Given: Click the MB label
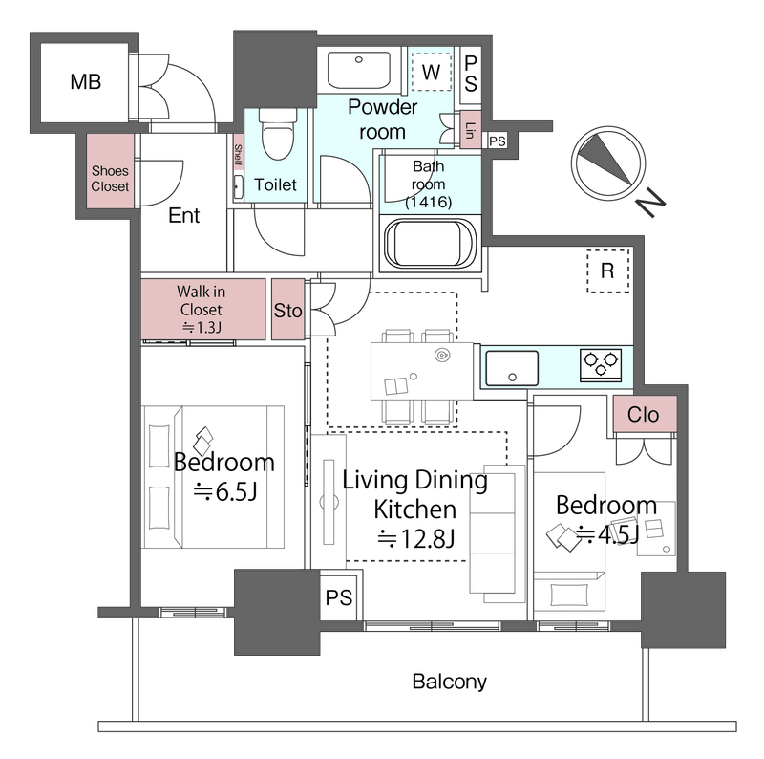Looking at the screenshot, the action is click(x=86, y=81).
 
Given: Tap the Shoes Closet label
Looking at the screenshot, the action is click(x=110, y=179).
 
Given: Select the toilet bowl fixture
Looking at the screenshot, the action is click(x=277, y=133).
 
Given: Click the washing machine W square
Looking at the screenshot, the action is click(x=432, y=72).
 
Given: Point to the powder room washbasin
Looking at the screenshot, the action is click(x=359, y=70).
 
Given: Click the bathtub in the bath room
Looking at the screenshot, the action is click(x=431, y=244).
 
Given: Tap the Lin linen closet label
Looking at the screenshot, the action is click(x=471, y=130).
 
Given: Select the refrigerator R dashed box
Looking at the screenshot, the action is click(x=607, y=271).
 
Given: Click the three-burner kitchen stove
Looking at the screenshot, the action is click(x=601, y=364).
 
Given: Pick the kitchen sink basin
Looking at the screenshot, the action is click(x=512, y=368).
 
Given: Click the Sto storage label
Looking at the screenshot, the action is click(x=287, y=311).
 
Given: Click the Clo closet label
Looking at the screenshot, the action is click(x=643, y=415).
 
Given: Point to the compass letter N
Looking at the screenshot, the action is click(x=650, y=203).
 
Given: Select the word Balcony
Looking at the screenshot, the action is click(x=449, y=682).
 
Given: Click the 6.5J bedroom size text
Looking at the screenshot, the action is click(x=225, y=492).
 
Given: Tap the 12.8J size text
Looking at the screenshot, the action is click(x=416, y=539).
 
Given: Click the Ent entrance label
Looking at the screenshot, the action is click(x=183, y=215).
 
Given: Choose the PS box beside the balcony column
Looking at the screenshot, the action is click(x=339, y=597).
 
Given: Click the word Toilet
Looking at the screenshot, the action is click(x=275, y=184).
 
